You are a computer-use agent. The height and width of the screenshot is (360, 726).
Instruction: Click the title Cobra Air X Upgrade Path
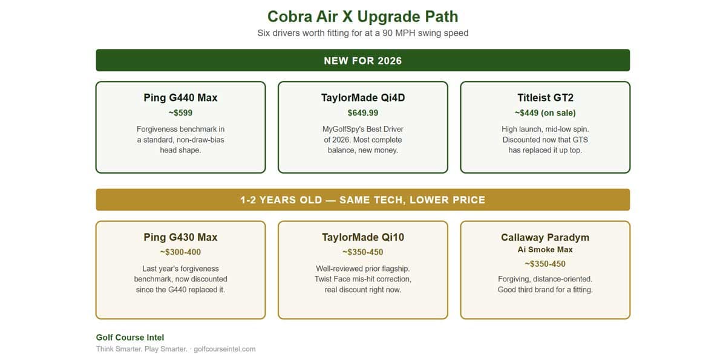click(362, 16)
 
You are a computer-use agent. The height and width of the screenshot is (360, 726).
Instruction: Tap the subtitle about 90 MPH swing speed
click(362, 33)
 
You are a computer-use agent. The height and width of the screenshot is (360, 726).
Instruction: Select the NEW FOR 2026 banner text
click(362, 61)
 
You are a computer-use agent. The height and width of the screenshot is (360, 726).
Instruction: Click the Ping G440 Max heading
click(180, 97)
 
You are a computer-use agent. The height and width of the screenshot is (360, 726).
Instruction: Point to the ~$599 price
click(180, 113)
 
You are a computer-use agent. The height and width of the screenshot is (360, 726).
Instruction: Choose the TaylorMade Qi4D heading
click(363, 97)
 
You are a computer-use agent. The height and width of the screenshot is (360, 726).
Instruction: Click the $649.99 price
click(363, 113)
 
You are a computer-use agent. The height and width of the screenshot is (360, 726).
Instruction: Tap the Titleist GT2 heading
click(546, 97)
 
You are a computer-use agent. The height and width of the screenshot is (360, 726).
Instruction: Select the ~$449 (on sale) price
click(545, 113)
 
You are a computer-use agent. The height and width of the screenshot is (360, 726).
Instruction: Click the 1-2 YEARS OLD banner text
click(362, 200)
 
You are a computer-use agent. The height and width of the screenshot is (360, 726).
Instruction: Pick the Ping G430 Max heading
click(180, 237)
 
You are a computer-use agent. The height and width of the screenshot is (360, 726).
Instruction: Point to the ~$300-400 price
click(180, 252)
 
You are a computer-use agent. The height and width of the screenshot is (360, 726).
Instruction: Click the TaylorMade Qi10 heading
click(363, 237)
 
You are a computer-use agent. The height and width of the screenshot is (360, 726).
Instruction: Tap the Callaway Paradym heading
click(545, 238)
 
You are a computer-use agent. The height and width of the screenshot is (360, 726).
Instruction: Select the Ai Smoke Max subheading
click(545, 249)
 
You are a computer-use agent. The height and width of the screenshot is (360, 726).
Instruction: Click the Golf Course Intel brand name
click(130, 338)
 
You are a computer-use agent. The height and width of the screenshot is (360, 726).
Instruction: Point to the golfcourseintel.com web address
click(224, 349)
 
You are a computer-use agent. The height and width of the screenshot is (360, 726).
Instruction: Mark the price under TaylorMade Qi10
click(363, 252)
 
